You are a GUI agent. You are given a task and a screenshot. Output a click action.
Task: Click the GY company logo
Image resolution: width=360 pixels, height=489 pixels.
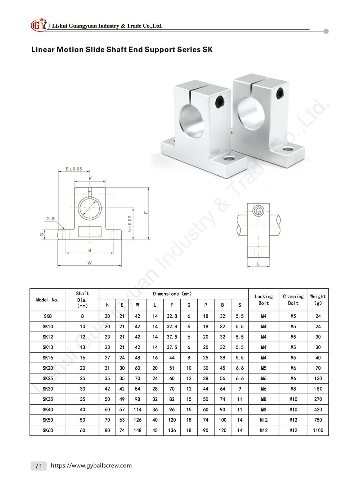pos(40,25)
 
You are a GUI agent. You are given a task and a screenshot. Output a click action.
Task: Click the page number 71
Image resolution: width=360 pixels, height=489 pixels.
pos(39,466)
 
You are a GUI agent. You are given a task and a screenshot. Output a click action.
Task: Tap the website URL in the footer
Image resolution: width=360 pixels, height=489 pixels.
pos(91,466)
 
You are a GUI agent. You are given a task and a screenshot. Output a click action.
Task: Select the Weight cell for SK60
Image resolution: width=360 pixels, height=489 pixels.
pos(318,430)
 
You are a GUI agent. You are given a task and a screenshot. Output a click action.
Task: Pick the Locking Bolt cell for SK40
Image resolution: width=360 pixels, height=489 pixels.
pos(264,409)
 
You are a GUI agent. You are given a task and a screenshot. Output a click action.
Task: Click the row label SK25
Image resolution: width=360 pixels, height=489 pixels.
pos(48,378)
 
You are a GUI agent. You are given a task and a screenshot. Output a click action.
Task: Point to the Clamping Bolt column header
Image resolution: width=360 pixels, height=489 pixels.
pos(293,299)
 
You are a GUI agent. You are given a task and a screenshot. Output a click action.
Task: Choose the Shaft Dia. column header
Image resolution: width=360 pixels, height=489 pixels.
pos(82,299)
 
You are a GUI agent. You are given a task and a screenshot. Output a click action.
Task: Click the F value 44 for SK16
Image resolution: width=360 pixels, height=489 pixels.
pos(172,357)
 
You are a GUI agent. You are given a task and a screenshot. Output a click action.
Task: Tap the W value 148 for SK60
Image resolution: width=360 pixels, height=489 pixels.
pos(138,430)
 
